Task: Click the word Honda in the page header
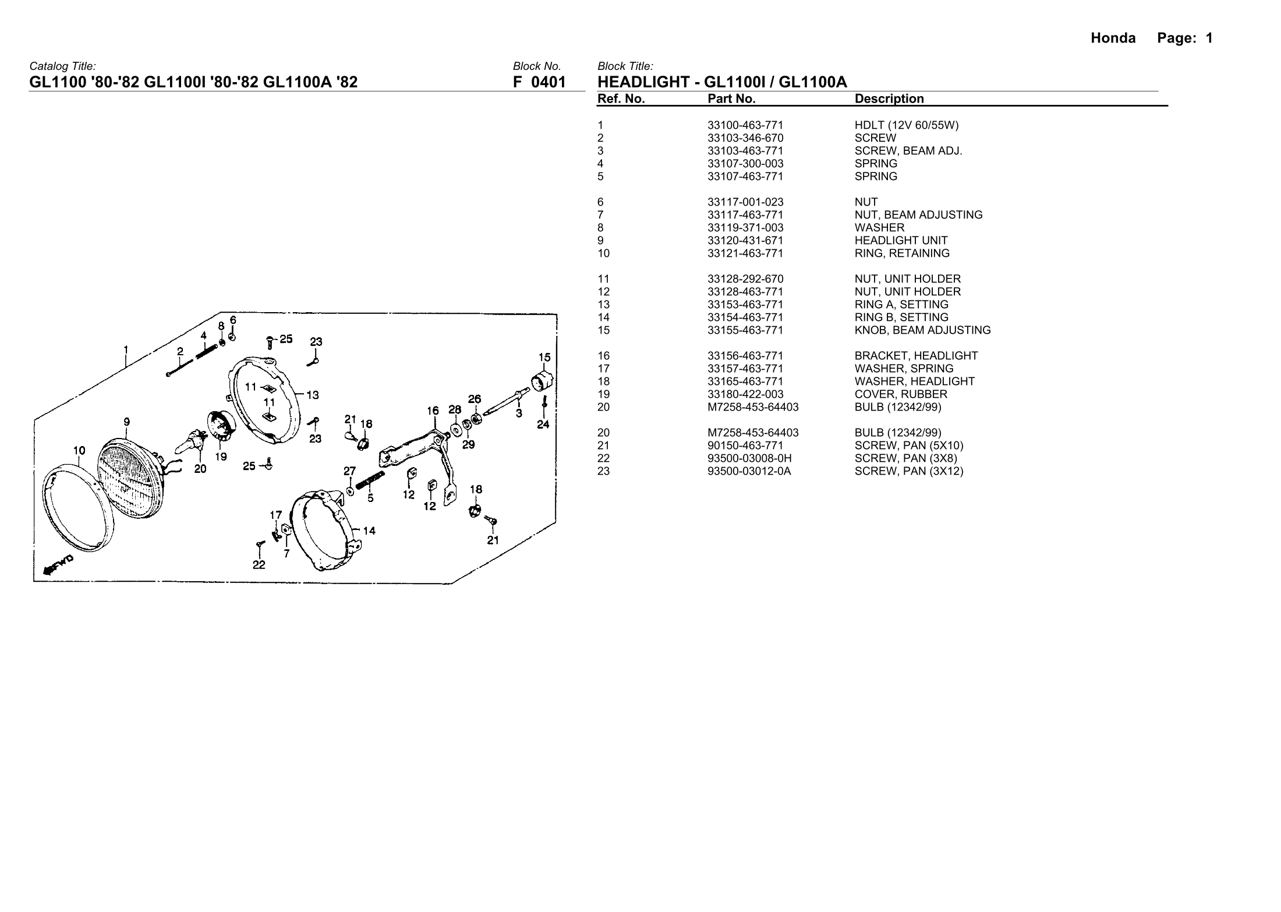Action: [1113, 38]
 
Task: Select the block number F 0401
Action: [539, 82]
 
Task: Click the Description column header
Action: [889, 99]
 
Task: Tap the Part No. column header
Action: [731, 99]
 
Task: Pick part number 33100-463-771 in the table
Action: [745, 125]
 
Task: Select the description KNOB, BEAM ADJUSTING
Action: [922, 330]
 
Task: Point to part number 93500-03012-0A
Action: [749, 471]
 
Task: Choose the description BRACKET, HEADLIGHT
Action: [916, 356]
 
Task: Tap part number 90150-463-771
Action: [745, 446]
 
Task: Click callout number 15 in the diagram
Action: [544, 357]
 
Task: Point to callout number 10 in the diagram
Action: [79, 450]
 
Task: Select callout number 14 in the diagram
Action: [369, 531]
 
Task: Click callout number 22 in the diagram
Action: [259, 564]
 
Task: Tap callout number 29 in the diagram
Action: [468, 445]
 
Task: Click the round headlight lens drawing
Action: [130, 481]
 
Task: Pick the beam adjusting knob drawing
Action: [542, 382]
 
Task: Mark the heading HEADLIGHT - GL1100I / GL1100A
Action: [722, 82]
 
